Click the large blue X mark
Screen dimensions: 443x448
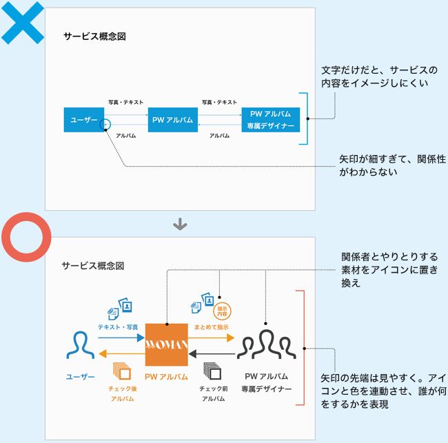coord(23,22)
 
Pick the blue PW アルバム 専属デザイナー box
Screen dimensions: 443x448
coord(271,120)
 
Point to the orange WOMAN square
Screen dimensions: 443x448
coord(166,344)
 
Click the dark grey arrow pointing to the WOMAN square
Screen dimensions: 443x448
coord(212,354)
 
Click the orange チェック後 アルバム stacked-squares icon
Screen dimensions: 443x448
coord(122,372)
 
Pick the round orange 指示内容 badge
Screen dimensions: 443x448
coord(222,310)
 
